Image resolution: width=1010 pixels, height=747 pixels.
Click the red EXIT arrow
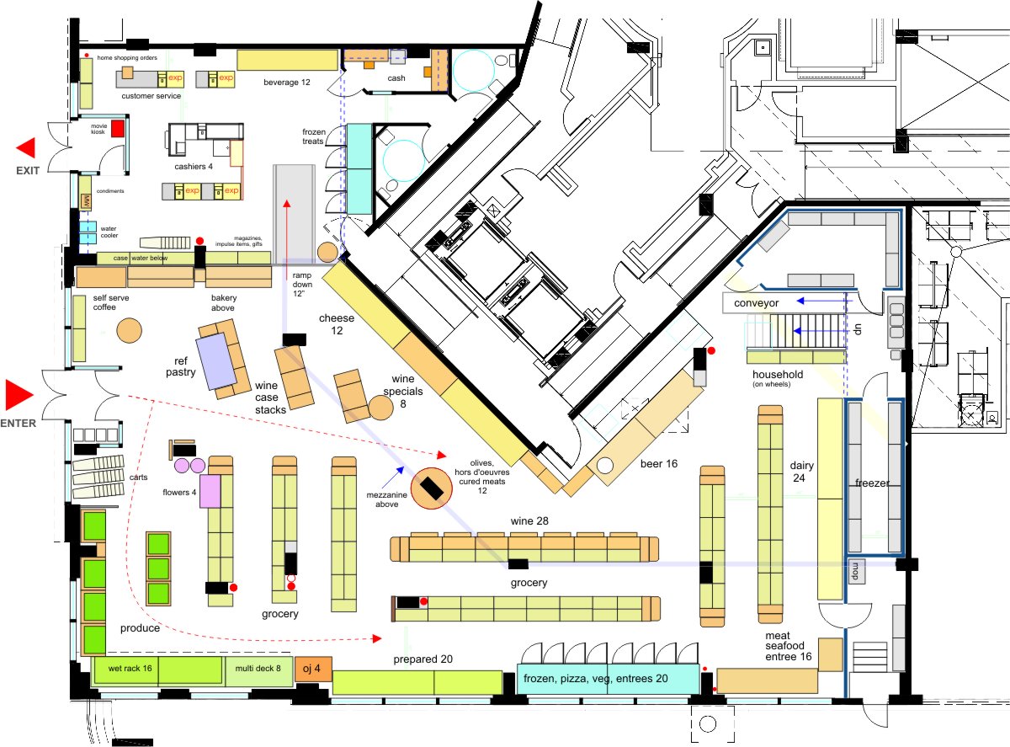(x=26, y=148)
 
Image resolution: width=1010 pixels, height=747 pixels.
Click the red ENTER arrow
(x=19, y=394)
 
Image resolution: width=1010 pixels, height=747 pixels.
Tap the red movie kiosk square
(x=118, y=128)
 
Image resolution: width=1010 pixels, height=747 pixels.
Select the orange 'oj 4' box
(x=312, y=669)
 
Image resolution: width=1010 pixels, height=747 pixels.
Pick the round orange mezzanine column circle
(x=432, y=487)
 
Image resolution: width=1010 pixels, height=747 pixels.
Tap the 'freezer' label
(x=872, y=483)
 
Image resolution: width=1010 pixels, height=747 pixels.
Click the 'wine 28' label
(x=530, y=522)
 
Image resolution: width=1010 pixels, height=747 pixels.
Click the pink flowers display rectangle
(x=210, y=491)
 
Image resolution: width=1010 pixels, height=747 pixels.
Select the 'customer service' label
(x=151, y=96)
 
